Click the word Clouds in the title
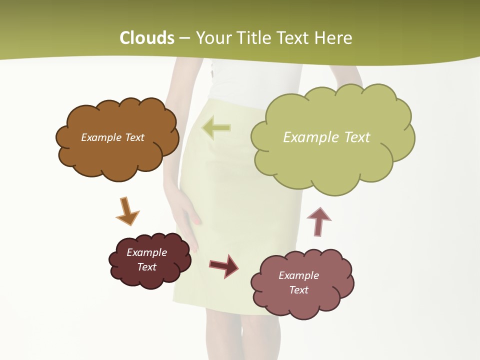coord(147,38)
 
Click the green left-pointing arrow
coord(216,128)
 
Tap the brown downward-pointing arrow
coord(127,211)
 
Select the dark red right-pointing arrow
coord(224,266)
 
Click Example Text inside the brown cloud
coord(112,137)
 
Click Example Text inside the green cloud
coord(326,137)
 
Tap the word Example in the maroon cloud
coord(146,252)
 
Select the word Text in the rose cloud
coord(298,290)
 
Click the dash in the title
coord(184,38)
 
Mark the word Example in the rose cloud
coord(298,275)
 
